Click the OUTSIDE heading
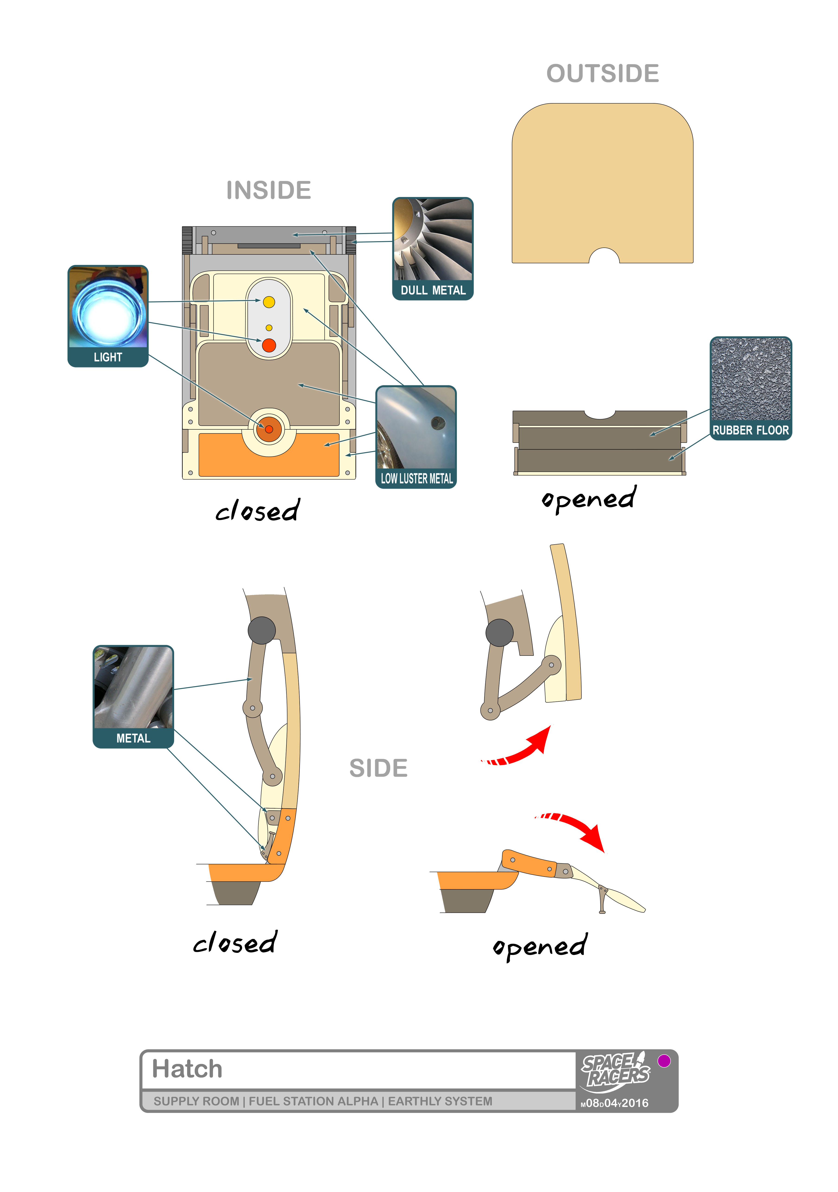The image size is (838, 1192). (603, 74)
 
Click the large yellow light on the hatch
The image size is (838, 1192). (269, 302)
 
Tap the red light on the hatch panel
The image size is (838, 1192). (269, 345)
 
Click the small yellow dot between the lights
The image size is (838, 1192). (269, 328)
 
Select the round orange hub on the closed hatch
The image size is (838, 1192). (269, 429)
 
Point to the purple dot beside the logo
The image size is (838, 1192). (664, 1061)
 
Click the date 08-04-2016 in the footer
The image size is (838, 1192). (615, 1103)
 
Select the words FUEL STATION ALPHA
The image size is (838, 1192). (313, 1101)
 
